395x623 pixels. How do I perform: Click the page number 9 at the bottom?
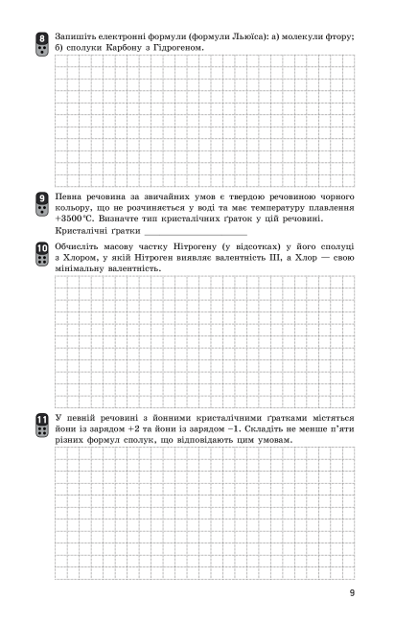pyautogui.click(x=353, y=593)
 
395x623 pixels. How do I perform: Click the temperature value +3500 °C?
pyautogui.click(x=76, y=219)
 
